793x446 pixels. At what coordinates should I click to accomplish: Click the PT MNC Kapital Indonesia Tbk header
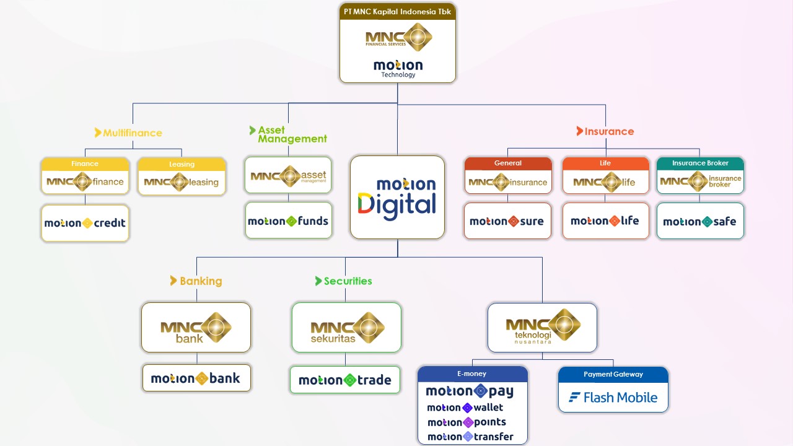397,12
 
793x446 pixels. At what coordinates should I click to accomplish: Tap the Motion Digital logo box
397,197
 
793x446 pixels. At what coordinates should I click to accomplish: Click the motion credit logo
85,223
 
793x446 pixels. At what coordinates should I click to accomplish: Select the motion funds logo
288,221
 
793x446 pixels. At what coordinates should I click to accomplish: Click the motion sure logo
507,221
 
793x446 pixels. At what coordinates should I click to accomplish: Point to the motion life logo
605,221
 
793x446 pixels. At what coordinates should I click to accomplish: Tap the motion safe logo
699,221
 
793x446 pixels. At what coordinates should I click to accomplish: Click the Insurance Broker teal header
700,163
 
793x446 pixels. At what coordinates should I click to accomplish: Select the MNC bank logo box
196,328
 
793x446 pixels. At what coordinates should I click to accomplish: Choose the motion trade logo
345,380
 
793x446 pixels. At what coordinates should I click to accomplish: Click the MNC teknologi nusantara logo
542,328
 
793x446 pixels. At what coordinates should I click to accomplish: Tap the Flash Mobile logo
613,398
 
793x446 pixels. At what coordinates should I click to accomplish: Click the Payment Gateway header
613,374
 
